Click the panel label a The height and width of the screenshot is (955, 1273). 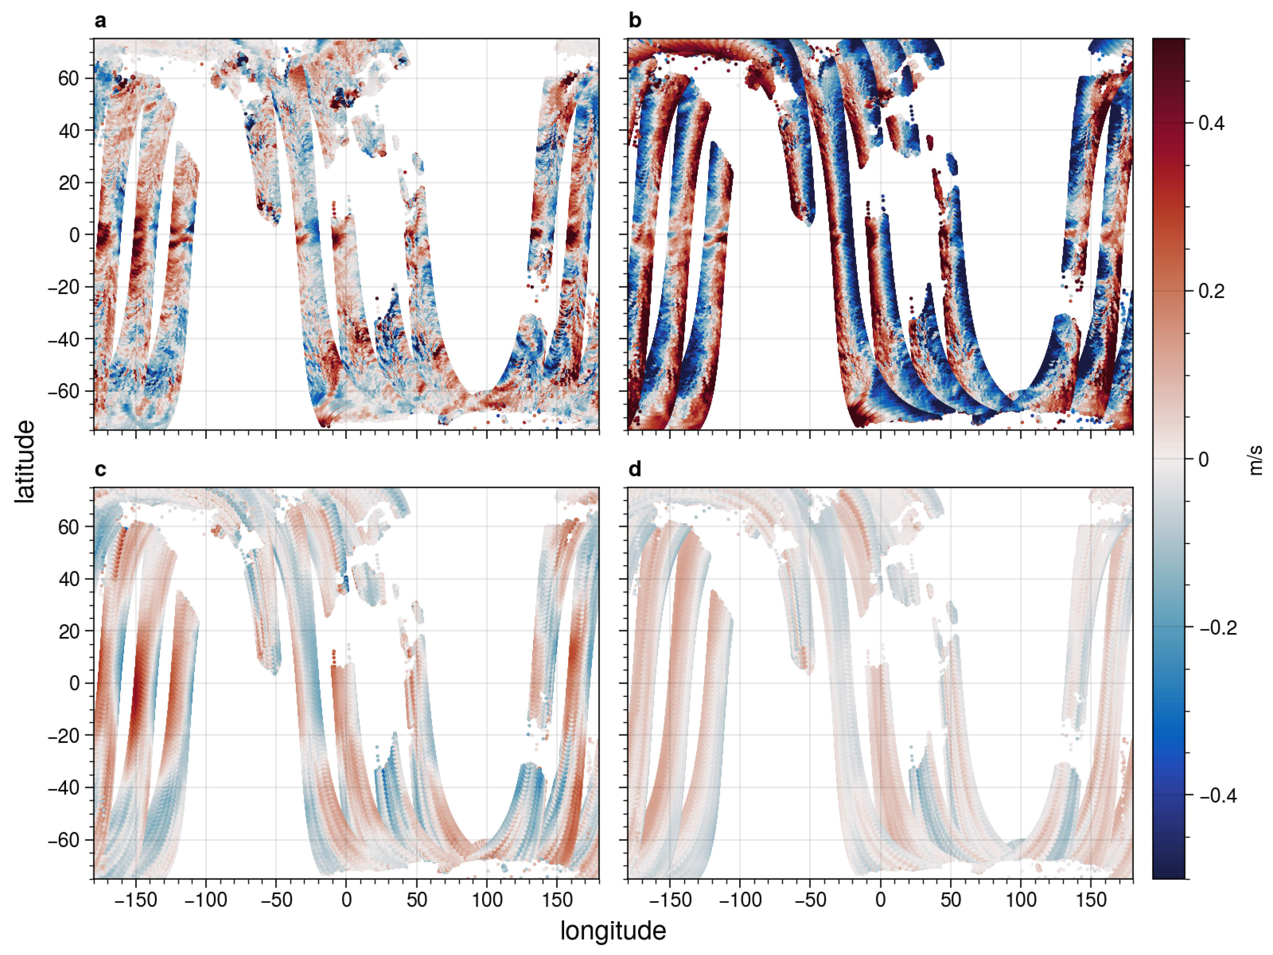coord(100,21)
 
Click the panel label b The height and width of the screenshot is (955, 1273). coord(634,21)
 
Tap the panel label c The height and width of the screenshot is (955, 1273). coord(100,470)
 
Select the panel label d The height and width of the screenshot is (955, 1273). coord(634,470)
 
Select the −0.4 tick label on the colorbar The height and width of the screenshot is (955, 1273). coord(1218,796)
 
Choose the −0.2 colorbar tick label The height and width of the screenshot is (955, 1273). coord(1218,628)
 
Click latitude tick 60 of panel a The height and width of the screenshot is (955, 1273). coord(68,78)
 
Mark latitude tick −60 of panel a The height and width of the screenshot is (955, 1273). coord(64,392)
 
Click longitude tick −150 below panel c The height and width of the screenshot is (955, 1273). coord(136,900)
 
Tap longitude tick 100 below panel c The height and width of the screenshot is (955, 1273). coord(487,900)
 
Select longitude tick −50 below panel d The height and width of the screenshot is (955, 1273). coord(810,900)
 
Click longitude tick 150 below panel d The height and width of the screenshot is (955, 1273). coord(1091,900)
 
